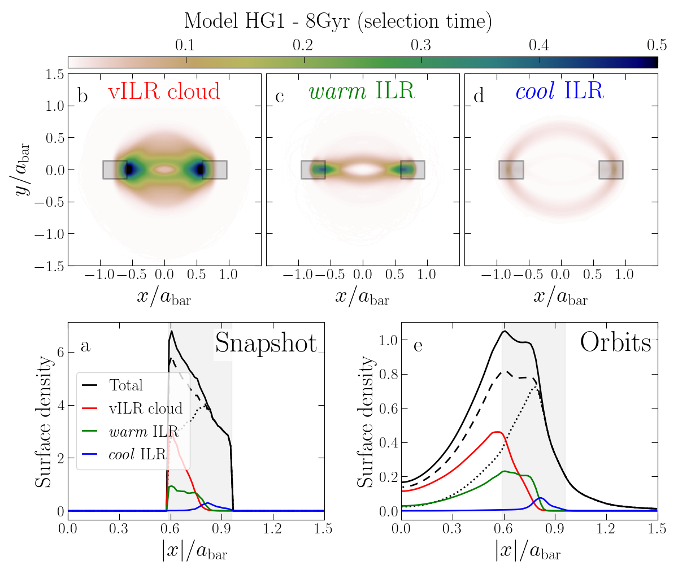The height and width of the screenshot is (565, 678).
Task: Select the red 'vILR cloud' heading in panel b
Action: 163,91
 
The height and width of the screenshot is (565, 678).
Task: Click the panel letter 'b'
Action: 82,96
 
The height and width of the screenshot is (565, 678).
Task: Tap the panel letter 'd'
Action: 479,96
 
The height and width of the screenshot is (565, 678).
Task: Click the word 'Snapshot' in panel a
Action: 266,344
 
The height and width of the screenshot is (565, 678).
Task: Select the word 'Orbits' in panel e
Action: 615,344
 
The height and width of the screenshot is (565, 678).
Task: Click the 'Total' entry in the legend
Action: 125,385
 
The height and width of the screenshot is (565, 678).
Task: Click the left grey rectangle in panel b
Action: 115,169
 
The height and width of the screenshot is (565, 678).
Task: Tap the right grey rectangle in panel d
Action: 611,169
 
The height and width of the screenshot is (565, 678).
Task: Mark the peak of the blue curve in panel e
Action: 541,498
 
